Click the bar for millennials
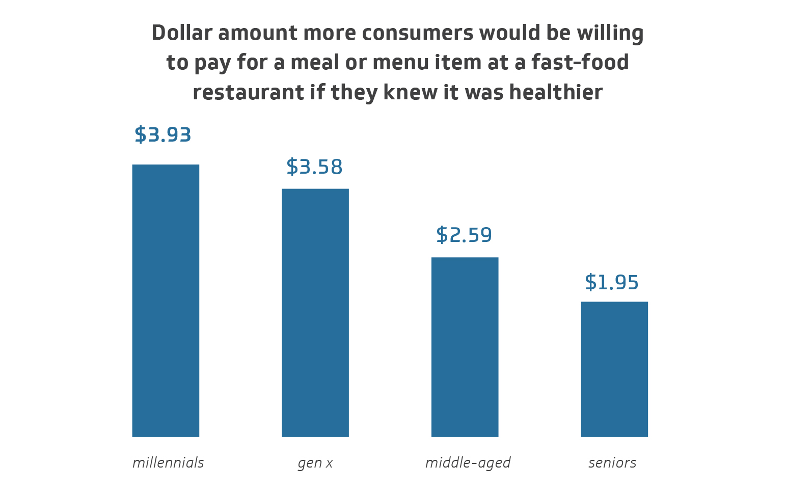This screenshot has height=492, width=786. (x=166, y=300)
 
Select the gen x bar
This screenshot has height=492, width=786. (x=315, y=313)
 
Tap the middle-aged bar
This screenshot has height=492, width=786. (x=465, y=347)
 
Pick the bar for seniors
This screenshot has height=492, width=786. (x=614, y=369)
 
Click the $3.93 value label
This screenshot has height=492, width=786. (x=163, y=135)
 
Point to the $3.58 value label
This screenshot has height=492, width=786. (x=314, y=167)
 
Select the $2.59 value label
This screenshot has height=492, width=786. (x=464, y=235)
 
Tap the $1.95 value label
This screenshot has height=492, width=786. (x=612, y=283)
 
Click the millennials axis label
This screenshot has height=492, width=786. (x=168, y=463)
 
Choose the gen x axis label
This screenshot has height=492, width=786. (x=315, y=463)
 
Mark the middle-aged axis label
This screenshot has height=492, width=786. (x=468, y=463)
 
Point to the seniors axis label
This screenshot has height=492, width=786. (x=612, y=463)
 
